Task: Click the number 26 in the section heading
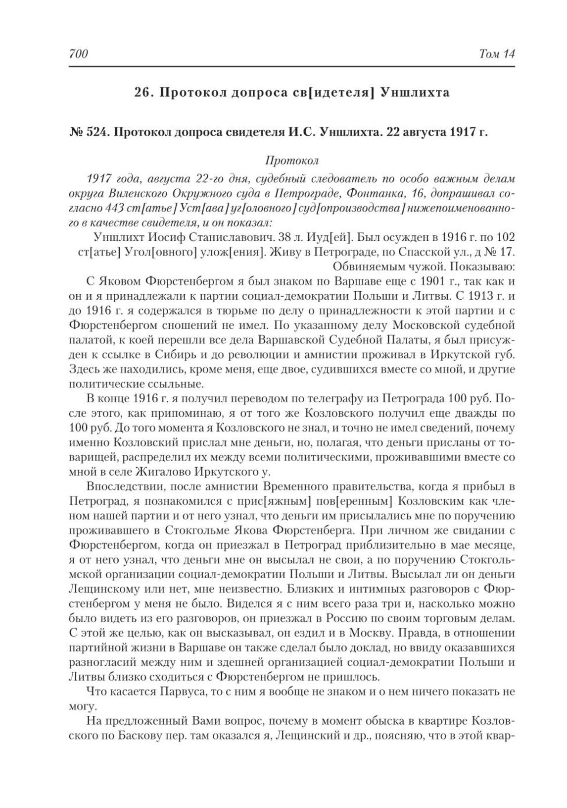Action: click(x=143, y=93)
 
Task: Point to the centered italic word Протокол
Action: click(x=292, y=161)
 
